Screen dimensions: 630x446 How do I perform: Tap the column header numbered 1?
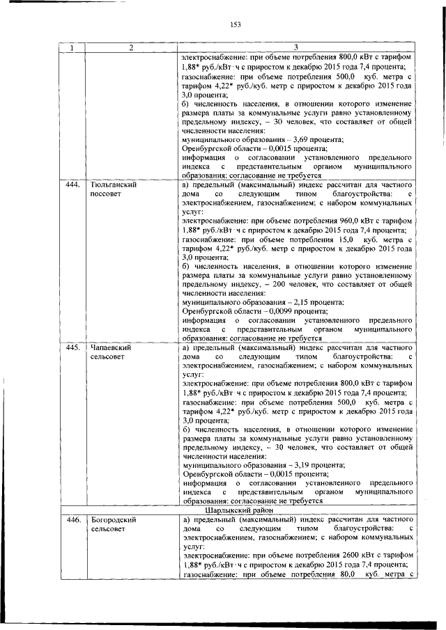pyautogui.click(x=72, y=47)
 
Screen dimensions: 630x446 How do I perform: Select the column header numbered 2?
pyautogui.click(x=130, y=47)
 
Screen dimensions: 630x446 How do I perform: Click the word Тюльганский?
pyautogui.click(x=113, y=186)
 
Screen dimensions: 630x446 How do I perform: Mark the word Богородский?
pyautogui.click(x=114, y=519)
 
